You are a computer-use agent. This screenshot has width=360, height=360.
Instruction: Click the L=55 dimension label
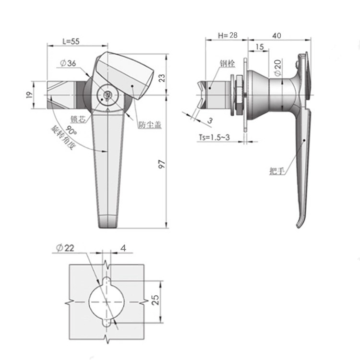[x=71, y=41]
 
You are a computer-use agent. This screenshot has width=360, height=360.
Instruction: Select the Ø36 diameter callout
[x=68, y=63]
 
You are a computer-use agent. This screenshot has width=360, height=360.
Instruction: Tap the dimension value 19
[x=29, y=95]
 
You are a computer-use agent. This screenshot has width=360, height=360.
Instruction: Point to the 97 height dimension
[x=162, y=164]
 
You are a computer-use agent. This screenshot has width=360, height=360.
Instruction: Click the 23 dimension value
[x=162, y=78]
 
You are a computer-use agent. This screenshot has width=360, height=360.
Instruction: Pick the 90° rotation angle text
[x=71, y=131]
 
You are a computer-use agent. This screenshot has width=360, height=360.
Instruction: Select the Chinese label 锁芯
[x=78, y=120]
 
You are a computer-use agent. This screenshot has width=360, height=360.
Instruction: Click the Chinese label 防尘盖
[x=150, y=125]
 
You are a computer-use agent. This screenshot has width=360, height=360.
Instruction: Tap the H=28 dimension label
[x=228, y=35]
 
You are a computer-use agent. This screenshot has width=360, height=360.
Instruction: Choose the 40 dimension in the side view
[x=276, y=36]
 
